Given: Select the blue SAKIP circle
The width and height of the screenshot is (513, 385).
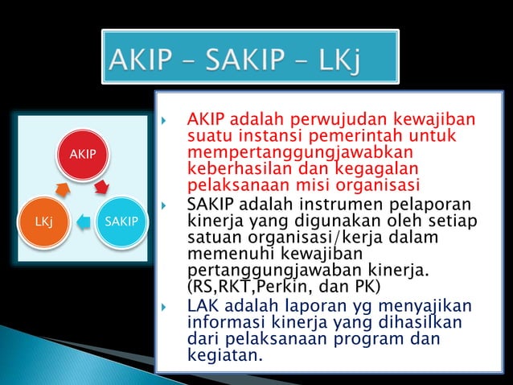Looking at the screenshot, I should point(121,220).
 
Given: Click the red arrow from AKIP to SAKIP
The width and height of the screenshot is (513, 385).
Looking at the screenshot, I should point(102,188).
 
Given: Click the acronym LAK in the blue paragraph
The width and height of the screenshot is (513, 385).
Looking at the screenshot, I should point(202,307).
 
